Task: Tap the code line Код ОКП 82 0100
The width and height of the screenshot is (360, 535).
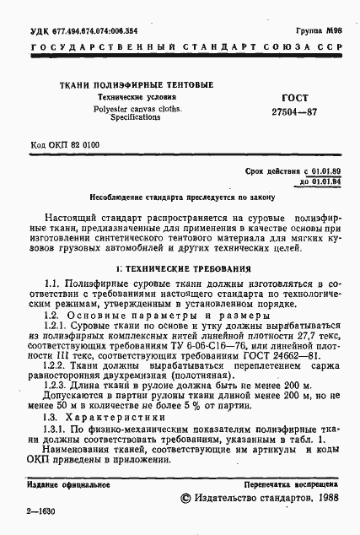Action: [x=65, y=145]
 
